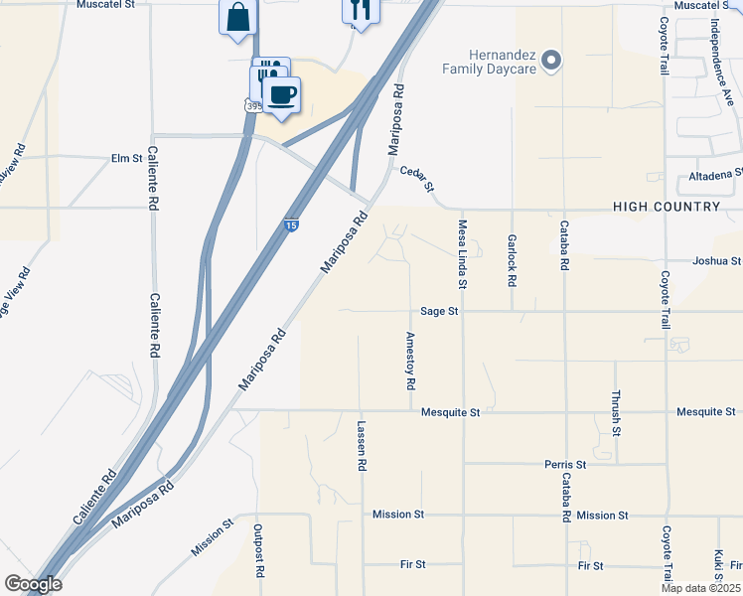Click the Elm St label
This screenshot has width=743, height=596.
click(x=127, y=158)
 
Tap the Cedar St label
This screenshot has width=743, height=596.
click(x=417, y=179)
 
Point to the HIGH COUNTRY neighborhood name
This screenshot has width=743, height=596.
click(x=667, y=207)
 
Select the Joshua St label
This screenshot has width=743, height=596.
click(x=716, y=261)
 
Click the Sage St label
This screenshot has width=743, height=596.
click(x=438, y=311)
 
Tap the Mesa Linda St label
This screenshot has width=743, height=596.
click(x=462, y=256)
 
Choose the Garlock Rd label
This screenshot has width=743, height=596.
click(x=512, y=260)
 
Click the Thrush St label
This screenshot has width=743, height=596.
click(x=616, y=412)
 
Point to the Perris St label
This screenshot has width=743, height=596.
click(x=565, y=464)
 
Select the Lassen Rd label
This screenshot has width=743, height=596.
click(x=362, y=445)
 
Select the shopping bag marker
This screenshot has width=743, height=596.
click(x=237, y=17)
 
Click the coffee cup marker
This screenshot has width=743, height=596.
click(x=282, y=94)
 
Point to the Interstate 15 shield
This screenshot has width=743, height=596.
click(x=290, y=226)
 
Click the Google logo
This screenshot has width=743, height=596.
click(x=33, y=584)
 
